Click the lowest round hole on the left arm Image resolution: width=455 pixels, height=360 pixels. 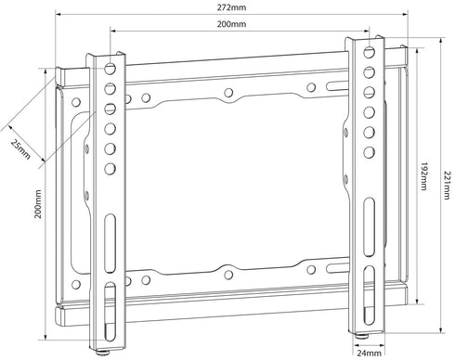(x=110, y=169)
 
